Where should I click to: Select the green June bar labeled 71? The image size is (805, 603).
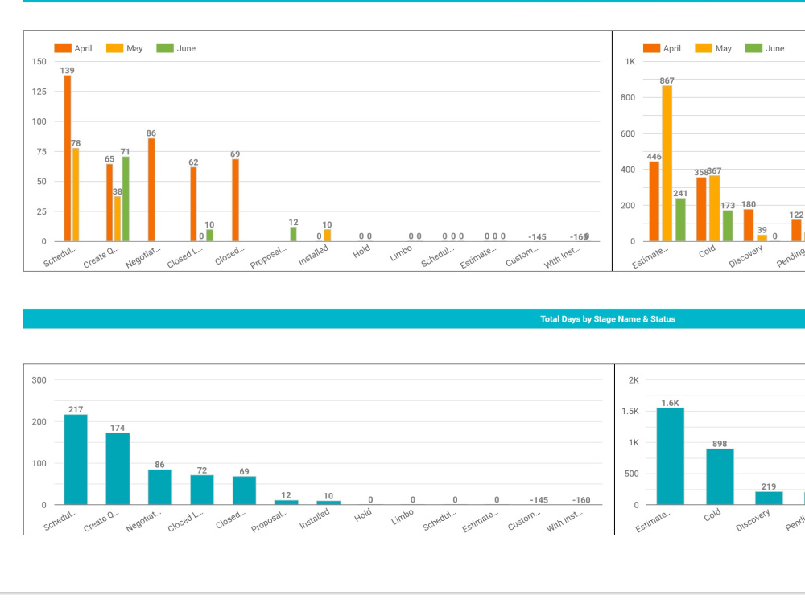(126, 199)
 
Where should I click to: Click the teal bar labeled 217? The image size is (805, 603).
(76, 460)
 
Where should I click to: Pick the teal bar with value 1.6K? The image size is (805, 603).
(670, 456)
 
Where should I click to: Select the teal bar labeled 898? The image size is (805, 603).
(720, 477)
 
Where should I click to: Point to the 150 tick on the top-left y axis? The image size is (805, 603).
(39, 62)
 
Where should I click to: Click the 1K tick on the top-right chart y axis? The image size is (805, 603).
(630, 62)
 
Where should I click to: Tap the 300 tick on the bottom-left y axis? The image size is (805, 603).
(39, 380)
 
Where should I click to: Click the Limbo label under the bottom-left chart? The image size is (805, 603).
(402, 516)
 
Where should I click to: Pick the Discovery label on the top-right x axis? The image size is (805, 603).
(745, 257)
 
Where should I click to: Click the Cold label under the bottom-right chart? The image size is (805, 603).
(712, 515)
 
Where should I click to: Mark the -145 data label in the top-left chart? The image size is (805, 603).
(537, 236)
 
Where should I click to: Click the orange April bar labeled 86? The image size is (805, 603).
(151, 190)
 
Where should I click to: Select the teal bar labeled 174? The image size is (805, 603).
(118, 469)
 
